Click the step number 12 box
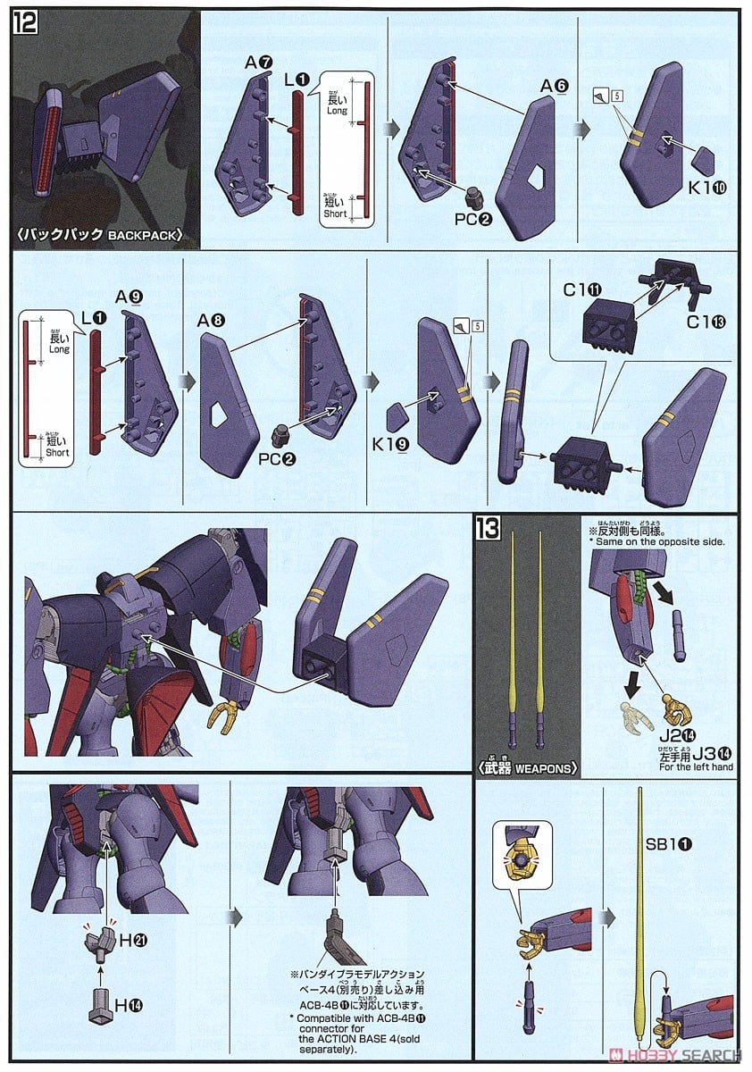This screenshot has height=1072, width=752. pos(24,21)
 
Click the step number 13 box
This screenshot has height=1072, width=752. pos(490,528)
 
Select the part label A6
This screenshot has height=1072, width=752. pos(554,86)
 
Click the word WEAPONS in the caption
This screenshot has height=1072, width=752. pos(547,766)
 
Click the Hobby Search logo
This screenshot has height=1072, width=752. pos(688,1054)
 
